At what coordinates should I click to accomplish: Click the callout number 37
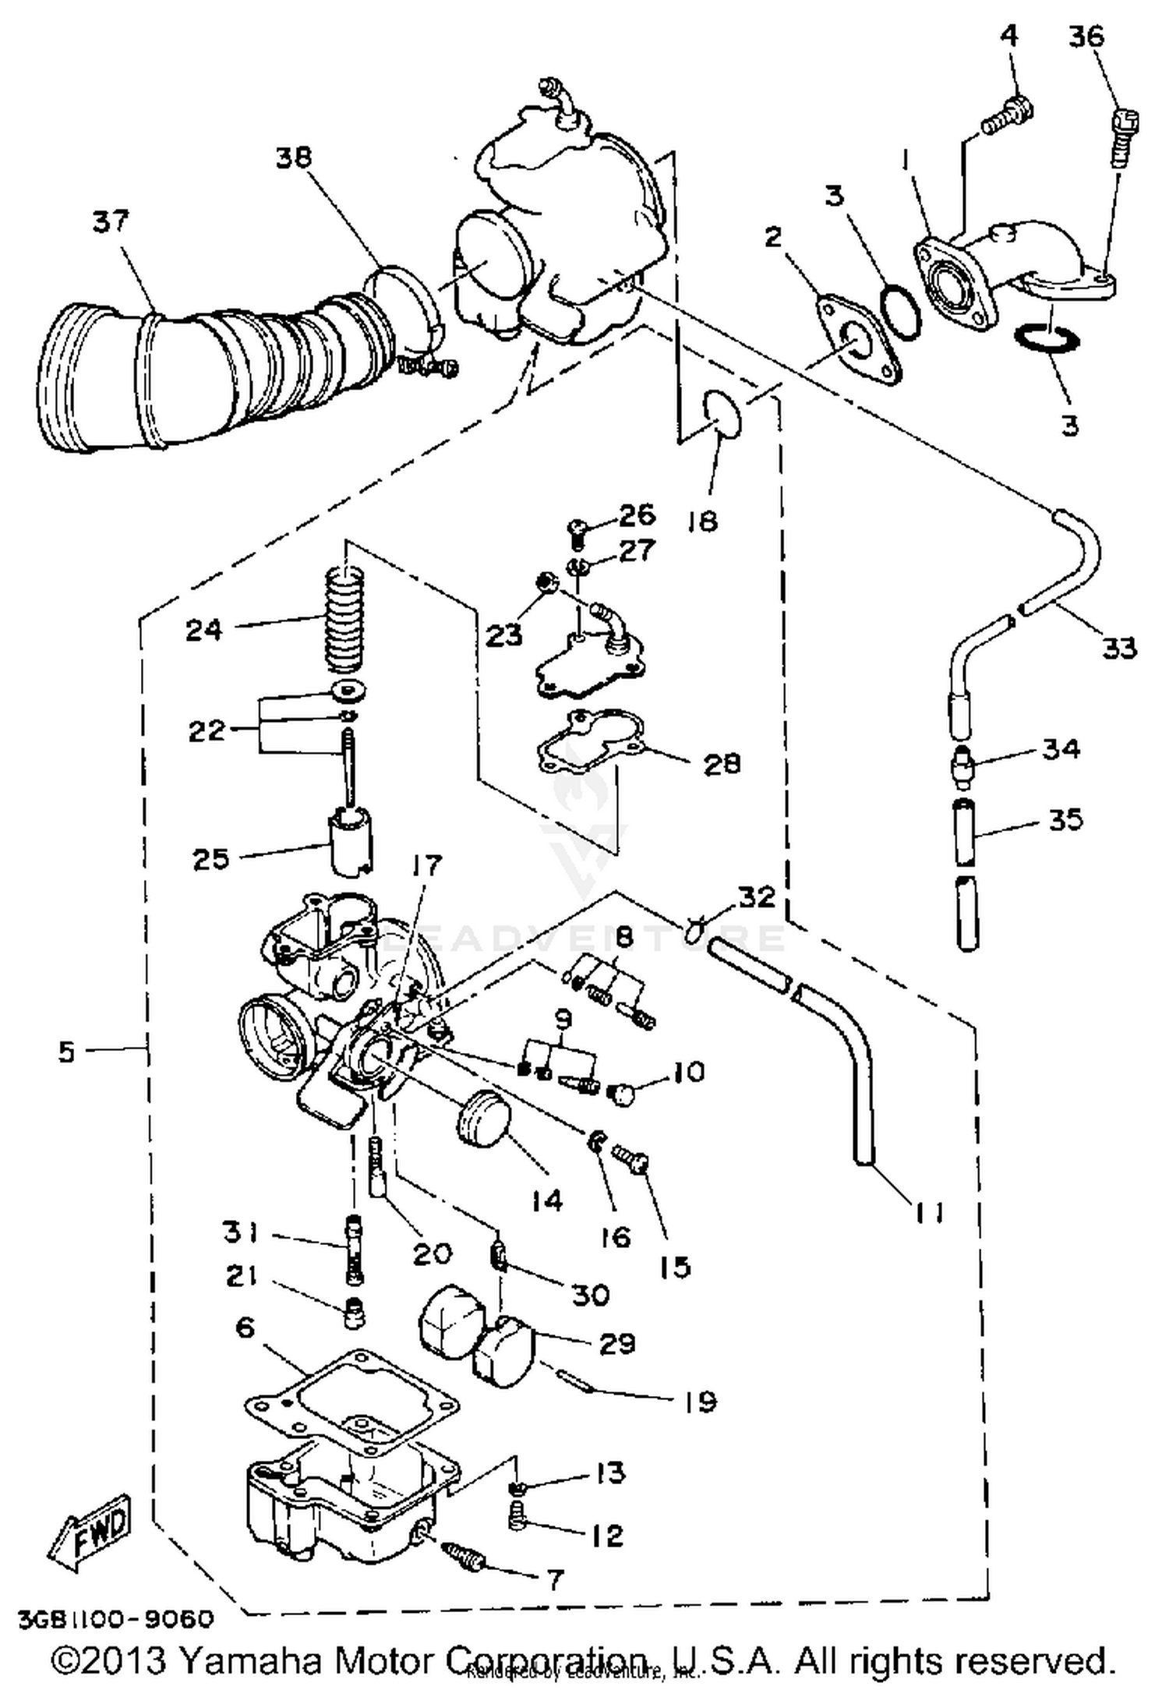pyautogui.click(x=110, y=221)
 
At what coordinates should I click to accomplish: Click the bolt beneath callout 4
pyautogui.click(x=1007, y=115)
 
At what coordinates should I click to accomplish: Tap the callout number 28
pyautogui.click(x=721, y=763)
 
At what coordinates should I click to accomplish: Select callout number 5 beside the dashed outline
pyautogui.click(x=67, y=1052)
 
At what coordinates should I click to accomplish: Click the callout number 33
pyautogui.click(x=1119, y=647)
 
